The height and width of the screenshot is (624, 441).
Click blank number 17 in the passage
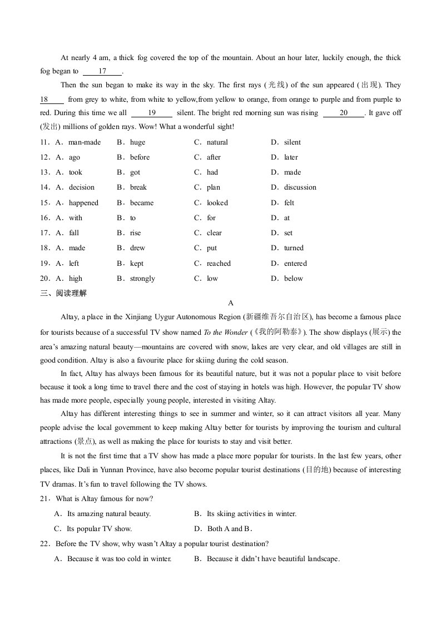click(x=102, y=71)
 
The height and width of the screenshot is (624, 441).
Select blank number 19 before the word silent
click(x=151, y=112)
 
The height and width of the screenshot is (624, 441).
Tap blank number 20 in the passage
click(x=343, y=112)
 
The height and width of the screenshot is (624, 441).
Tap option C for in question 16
click(x=211, y=218)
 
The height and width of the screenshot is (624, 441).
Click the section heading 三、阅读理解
click(x=63, y=293)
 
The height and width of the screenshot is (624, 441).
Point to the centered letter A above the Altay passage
click(x=231, y=303)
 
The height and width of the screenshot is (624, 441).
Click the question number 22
click(x=45, y=543)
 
